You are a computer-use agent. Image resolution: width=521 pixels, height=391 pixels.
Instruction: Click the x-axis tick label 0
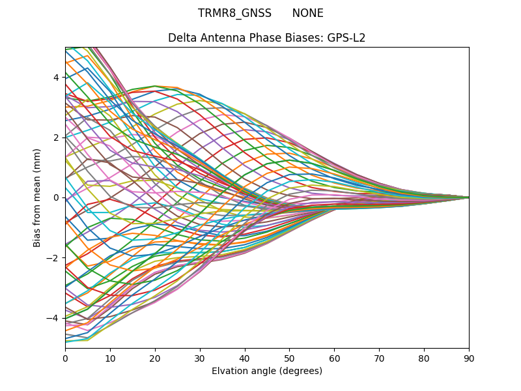pyautogui.click(x=65, y=358)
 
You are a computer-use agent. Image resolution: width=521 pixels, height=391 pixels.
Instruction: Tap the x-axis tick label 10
pyautogui.click(x=110, y=358)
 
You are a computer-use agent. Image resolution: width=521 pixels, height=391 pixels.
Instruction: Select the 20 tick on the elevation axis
pyautogui.click(x=155, y=358)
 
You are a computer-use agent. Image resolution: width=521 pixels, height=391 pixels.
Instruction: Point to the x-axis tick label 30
pyautogui.click(x=200, y=358)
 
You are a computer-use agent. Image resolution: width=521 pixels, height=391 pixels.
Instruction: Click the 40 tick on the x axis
pyautogui.click(x=245, y=358)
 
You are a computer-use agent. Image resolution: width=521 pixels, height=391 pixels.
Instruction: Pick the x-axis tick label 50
pyautogui.click(x=289, y=358)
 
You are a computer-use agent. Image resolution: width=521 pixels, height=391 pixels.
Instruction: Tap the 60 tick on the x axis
pyautogui.click(x=334, y=358)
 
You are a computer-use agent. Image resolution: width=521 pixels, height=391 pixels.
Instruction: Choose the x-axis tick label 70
pyautogui.click(x=379, y=358)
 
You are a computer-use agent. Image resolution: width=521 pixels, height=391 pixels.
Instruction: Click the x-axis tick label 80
pyautogui.click(x=424, y=358)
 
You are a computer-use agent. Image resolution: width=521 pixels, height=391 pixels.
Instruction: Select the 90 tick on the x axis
pyautogui.click(x=469, y=358)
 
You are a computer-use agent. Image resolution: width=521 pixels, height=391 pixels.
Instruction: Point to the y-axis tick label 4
pyautogui.click(x=56, y=78)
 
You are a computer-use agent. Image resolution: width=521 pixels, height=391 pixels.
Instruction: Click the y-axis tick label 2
pyautogui.click(x=56, y=138)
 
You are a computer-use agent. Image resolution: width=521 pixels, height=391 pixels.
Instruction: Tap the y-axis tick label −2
pyautogui.click(x=53, y=258)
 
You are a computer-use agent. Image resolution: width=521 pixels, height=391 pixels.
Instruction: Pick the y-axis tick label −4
pyautogui.click(x=53, y=318)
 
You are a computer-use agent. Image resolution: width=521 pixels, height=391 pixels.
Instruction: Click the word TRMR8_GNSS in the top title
pyautogui.click(x=234, y=13)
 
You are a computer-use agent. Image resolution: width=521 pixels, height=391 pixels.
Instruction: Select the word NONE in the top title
pyautogui.click(x=307, y=13)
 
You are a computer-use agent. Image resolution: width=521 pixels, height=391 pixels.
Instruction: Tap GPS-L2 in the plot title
pyautogui.click(x=348, y=38)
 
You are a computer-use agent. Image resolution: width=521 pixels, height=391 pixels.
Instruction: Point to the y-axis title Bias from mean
pyautogui.click(x=37, y=197)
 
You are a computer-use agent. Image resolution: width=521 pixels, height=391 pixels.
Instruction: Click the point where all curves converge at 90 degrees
pyautogui.click(x=468, y=197)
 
